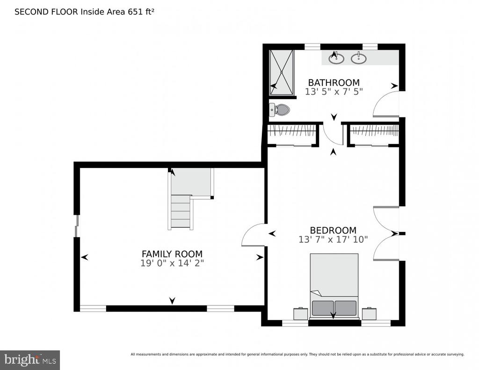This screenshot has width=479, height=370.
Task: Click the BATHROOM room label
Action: point(334,82)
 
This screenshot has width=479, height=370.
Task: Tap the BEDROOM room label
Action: point(333,230)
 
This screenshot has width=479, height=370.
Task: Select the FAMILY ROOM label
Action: point(172,254)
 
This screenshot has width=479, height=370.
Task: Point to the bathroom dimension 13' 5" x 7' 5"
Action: point(334,92)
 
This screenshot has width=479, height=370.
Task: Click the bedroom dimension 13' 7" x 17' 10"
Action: point(333,239)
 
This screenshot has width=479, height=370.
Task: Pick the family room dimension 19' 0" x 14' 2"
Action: point(172,263)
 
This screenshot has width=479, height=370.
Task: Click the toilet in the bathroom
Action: point(279,109)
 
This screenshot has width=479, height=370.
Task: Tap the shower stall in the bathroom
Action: point(281,73)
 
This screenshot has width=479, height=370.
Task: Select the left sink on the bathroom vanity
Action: point(336,58)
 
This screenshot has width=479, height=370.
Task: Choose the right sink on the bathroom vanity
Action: point(359,58)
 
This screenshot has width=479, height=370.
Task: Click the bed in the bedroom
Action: point(334,286)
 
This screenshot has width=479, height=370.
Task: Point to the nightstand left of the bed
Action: point(301,313)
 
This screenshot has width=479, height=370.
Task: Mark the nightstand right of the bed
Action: point(369,313)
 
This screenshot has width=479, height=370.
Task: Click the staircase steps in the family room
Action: point(181,211)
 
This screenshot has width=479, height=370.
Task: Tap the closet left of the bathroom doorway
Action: point(292,134)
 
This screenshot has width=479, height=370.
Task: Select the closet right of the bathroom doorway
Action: point(374,134)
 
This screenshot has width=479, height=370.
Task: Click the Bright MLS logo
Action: point(30,360)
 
